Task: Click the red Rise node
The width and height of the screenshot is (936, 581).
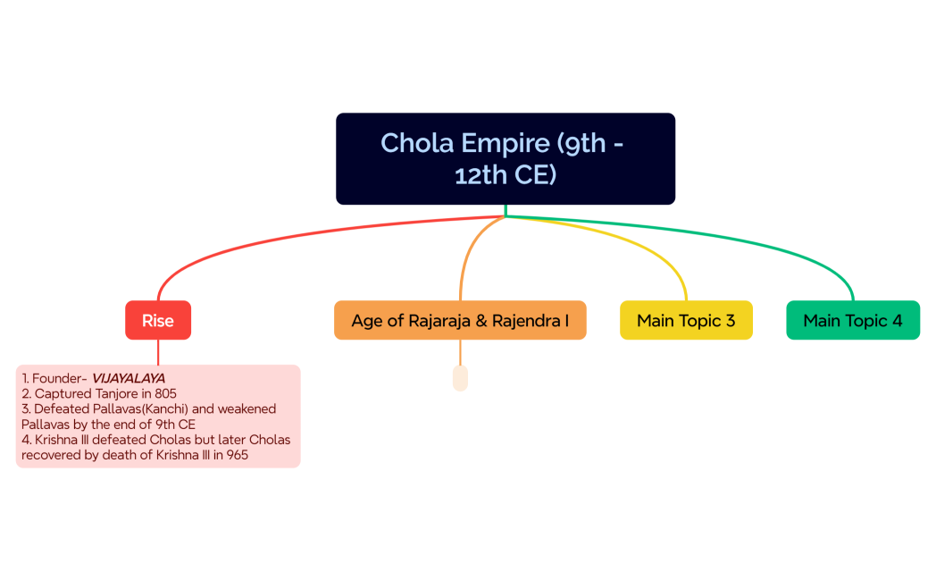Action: pyautogui.click(x=158, y=320)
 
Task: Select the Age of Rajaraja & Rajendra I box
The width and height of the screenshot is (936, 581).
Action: pyautogui.click(x=460, y=320)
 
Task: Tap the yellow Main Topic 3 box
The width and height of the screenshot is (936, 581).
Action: pyautogui.click(x=686, y=320)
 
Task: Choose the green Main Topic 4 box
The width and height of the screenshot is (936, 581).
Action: pyautogui.click(x=853, y=320)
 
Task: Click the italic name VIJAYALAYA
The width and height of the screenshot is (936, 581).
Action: pyautogui.click(x=129, y=378)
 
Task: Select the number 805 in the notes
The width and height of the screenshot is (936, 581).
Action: pyautogui.click(x=165, y=393)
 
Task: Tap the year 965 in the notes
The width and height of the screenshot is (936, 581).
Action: pyautogui.click(x=237, y=454)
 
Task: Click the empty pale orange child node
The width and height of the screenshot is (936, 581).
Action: pyautogui.click(x=460, y=378)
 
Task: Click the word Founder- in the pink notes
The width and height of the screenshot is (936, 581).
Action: pyautogui.click(x=60, y=378)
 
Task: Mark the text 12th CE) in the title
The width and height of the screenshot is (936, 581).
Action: pyautogui.click(x=506, y=175)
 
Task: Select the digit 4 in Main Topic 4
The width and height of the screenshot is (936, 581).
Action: pyautogui.click(x=897, y=320)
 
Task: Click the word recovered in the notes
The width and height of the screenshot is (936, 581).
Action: pyautogui.click(x=52, y=454)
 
